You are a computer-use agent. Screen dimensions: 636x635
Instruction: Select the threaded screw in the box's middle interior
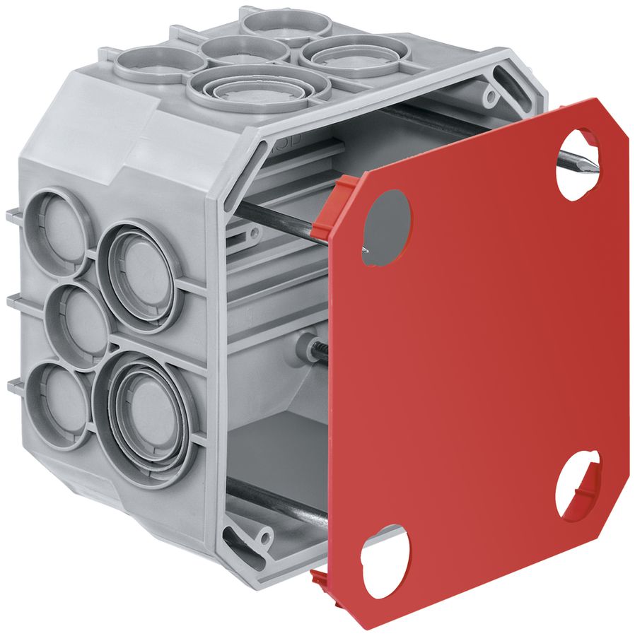(x=315, y=350)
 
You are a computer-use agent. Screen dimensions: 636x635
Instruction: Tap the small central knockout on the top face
(x=243, y=49)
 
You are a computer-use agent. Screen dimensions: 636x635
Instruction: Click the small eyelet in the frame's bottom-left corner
(x=265, y=539)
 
